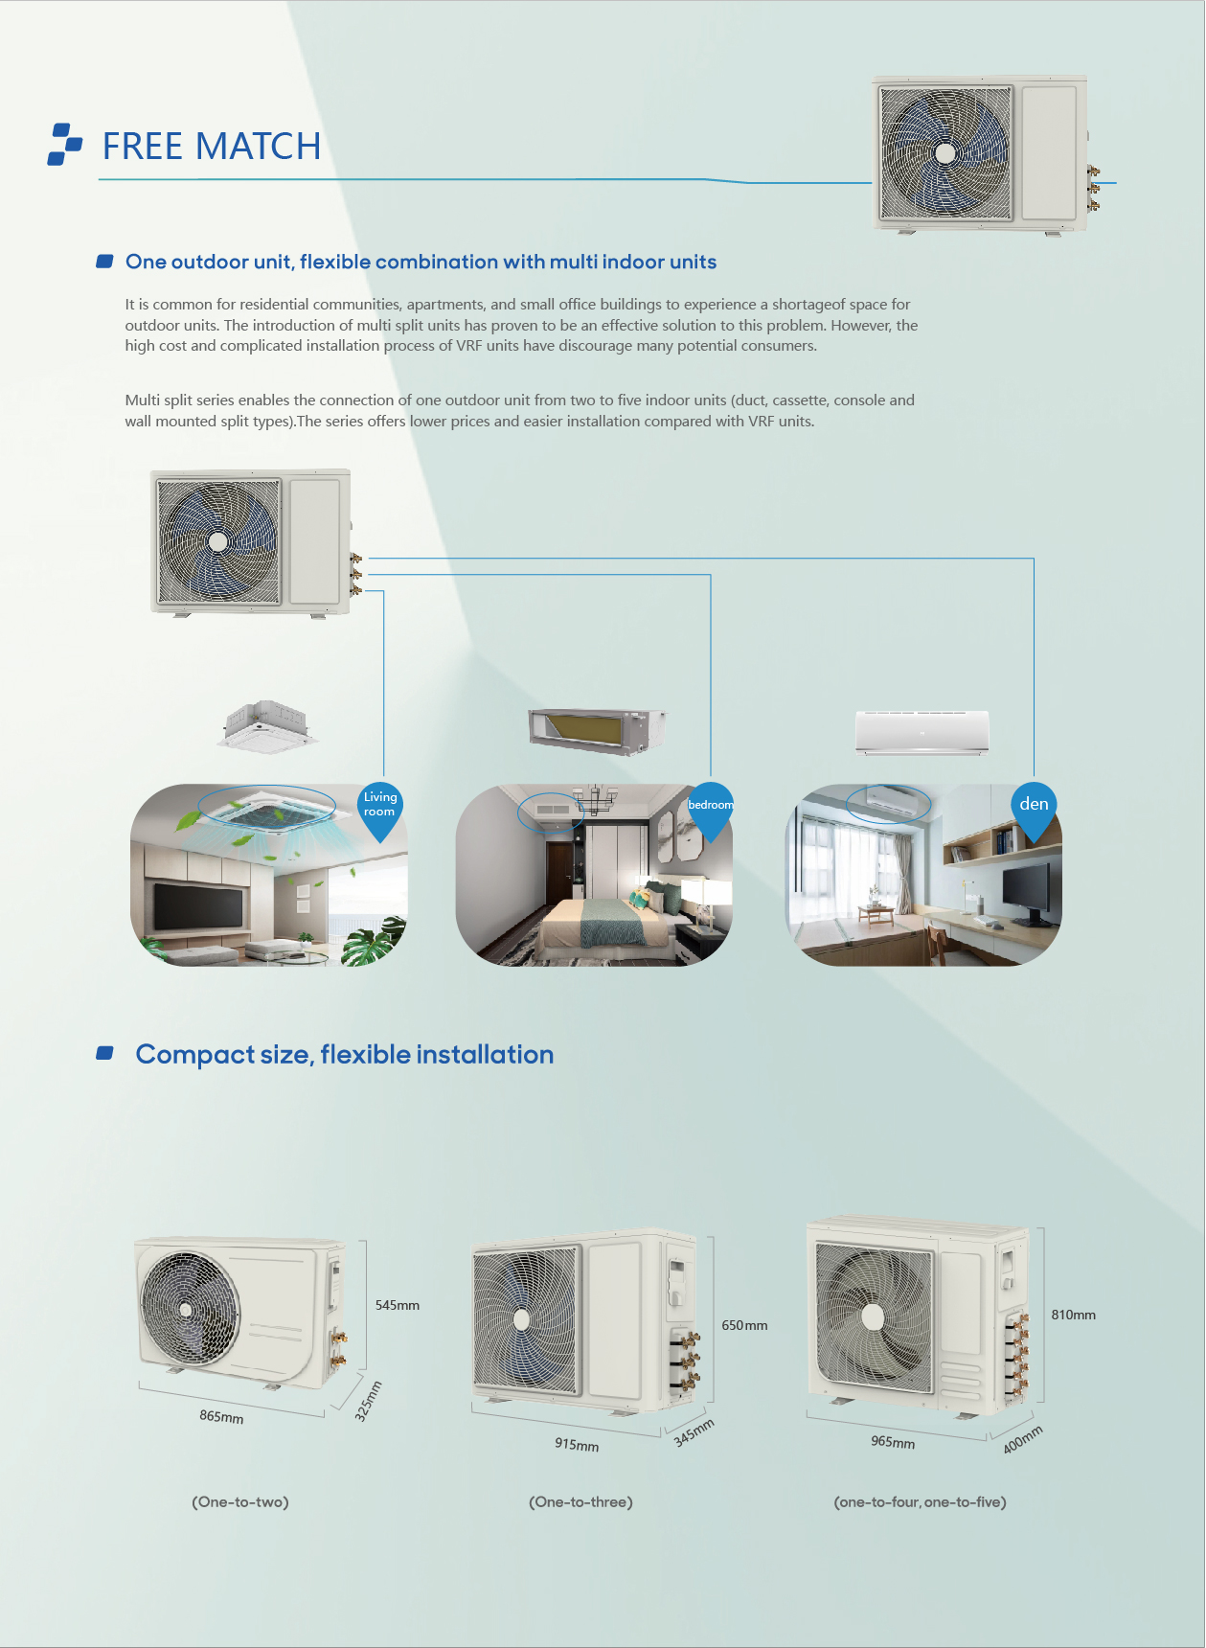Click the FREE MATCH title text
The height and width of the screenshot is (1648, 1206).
pos(212,147)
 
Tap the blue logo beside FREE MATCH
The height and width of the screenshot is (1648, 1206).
pos(65,144)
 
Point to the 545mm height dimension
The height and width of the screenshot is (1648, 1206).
pos(398,1305)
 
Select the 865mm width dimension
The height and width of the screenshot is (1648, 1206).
pos(221,1416)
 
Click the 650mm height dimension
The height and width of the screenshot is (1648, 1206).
pos(744,1325)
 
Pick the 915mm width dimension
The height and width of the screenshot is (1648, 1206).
pos(577,1444)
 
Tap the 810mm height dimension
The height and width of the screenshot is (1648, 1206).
pos(1073,1315)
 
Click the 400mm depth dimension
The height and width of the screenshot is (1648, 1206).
pos(1023,1439)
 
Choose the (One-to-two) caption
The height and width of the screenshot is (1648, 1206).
pos(240,1501)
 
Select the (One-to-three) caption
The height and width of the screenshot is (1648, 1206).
pos(580,1501)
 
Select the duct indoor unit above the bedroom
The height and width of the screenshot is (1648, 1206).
pos(598,730)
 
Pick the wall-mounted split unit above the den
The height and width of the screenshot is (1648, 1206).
pos(922,733)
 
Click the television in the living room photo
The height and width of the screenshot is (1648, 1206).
pos(198,905)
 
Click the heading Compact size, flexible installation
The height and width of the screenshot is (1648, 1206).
pos(345,1054)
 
